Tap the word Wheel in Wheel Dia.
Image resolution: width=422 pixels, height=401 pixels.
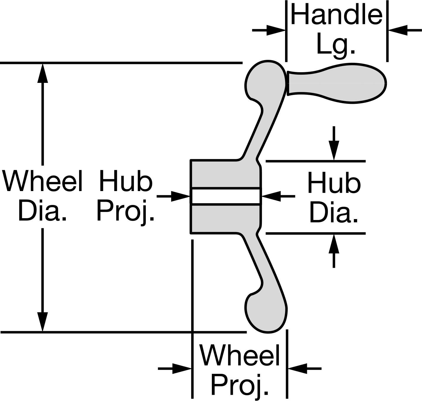point(42,181)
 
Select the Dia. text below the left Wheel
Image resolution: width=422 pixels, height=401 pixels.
point(42,210)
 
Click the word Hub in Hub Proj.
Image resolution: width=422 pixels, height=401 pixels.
point(126,181)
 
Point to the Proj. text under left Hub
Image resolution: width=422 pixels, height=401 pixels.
point(126,212)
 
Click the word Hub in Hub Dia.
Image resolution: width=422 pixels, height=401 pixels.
point(334,183)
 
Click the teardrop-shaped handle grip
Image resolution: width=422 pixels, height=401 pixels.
point(337,83)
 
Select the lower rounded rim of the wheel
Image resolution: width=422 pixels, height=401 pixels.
point(266,313)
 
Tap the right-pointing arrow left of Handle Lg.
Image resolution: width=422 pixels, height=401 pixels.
point(269,30)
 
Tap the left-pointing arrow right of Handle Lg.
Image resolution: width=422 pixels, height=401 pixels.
point(405,30)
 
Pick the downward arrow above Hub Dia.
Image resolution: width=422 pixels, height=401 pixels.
point(334,143)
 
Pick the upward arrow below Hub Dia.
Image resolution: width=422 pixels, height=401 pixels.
point(334,251)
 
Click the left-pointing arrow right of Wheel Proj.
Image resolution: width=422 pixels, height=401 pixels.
point(305,369)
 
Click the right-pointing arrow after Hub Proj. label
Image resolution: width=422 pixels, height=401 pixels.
point(173,196)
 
